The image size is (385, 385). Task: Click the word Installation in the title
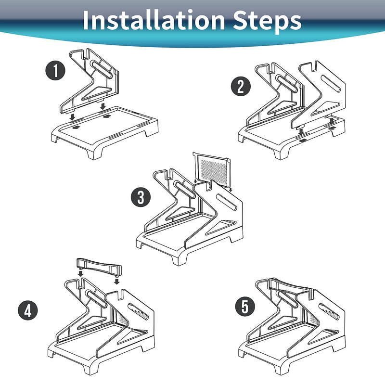(154, 20)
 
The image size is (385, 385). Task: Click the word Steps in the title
(267, 22)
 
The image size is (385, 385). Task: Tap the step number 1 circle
(55, 70)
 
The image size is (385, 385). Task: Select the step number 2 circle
(241, 86)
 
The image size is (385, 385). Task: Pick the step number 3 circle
(141, 197)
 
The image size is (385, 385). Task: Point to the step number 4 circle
(28, 310)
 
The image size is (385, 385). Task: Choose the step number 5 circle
(245, 307)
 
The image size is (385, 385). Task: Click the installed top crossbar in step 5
(290, 286)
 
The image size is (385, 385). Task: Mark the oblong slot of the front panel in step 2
(331, 83)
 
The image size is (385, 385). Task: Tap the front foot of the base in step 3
(178, 258)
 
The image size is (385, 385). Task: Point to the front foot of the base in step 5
(281, 368)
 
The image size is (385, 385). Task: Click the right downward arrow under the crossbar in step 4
(117, 281)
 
